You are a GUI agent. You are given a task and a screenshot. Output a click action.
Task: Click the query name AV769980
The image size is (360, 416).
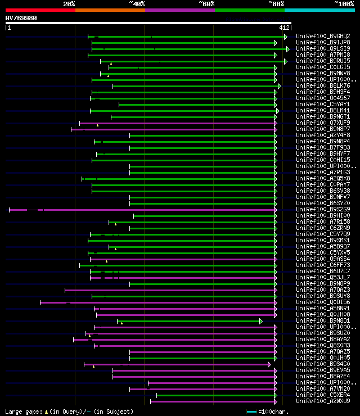point(21,18)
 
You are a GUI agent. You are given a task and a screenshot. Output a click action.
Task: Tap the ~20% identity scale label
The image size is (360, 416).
point(69,4)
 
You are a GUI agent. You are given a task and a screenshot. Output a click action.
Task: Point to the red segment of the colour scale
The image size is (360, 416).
point(40,10)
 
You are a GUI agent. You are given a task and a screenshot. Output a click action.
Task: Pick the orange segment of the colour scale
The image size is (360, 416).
point(110,10)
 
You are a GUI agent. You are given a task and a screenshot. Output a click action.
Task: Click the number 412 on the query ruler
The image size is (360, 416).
point(283,27)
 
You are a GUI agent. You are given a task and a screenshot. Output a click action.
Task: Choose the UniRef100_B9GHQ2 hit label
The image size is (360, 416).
point(323,36)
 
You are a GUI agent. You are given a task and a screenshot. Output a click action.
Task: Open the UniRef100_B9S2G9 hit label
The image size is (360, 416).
point(323,210)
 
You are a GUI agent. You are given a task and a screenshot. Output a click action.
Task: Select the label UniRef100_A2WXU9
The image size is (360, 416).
point(323,401)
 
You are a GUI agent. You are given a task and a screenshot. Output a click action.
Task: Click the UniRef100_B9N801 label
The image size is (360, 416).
point(323,321)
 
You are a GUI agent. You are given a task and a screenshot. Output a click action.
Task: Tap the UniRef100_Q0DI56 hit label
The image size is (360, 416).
point(323,302)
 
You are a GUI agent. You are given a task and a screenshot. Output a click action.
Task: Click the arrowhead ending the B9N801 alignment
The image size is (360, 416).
point(261,321)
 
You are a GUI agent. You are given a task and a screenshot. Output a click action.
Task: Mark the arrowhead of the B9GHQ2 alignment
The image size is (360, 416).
point(286,36)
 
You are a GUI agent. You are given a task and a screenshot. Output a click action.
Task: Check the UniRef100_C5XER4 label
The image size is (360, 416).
point(323,395)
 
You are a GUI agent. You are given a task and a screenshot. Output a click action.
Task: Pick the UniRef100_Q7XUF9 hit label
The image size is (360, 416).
point(323,123)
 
